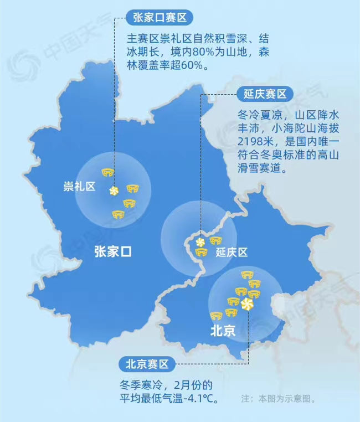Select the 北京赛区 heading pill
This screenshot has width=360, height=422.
(x=146, y=364)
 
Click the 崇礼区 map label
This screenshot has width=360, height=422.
(x=79, y=187)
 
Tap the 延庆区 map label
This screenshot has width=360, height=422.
(x=232, y=253)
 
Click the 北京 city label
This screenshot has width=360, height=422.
(x=223, y=331)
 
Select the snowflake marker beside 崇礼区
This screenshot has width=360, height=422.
(x=113, y=191)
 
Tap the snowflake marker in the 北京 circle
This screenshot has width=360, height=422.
(x=248, y=305)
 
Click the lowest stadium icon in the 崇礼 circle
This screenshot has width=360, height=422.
(x=118, y=214)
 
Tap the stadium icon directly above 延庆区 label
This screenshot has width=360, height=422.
(x=216, y=240)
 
